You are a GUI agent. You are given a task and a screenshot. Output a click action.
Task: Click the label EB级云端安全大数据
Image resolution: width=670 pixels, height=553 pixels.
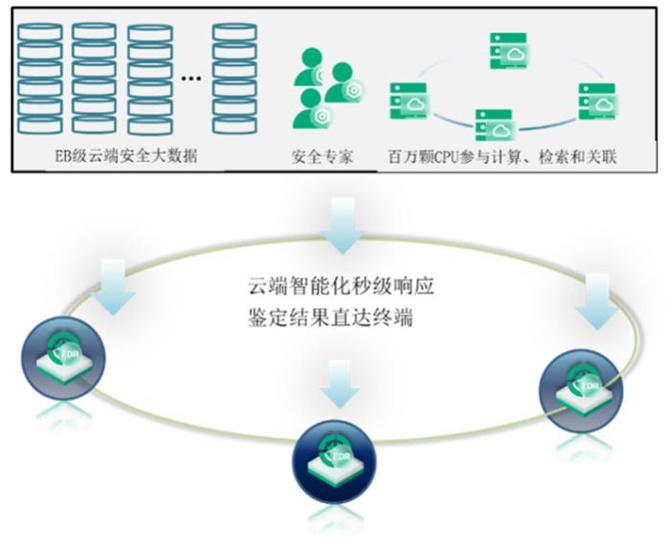coord(126,156)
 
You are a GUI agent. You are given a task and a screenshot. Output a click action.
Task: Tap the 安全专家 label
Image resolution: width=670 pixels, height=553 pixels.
coord(323,156)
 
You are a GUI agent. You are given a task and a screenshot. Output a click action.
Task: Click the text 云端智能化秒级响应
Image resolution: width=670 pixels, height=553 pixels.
coord(342,286)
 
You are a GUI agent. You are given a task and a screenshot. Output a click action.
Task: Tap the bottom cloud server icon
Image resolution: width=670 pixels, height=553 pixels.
coord(494,124)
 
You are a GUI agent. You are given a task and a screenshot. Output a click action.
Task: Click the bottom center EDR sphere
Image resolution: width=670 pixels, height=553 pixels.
coord(334,462)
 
